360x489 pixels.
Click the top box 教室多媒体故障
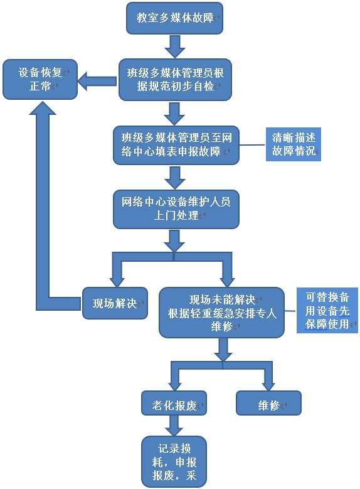[x=174, y=18]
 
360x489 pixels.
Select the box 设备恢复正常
[x=40, y=80]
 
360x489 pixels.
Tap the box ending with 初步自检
[x=175, y=80]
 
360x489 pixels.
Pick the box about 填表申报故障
[x=176, y=145]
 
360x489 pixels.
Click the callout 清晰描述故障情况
[x=294, y=144]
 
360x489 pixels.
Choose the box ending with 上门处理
[x=176, y=209]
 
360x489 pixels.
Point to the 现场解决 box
[x=115, y=303]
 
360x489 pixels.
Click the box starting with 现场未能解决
[x=221, y=313]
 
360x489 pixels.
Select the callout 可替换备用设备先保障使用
[x=327, y=310]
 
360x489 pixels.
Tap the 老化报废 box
[x=174, y=403]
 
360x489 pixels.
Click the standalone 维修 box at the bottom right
[x=268, y=403]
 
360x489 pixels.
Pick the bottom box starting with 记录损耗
[x=174, y=461]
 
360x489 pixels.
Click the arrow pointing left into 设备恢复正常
[x=97, y=81]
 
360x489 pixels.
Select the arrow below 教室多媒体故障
[x=175, y=46]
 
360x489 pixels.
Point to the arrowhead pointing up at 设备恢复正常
[x=43, y=107]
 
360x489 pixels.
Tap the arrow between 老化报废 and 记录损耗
[x=174, y=426]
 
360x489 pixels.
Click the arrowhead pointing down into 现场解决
[x=117, y=282]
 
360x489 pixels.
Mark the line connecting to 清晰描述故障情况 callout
[x=253, y=145]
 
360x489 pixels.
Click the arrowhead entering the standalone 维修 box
[x=268, y=386]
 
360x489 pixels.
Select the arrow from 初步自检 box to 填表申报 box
[x=174, y=114]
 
